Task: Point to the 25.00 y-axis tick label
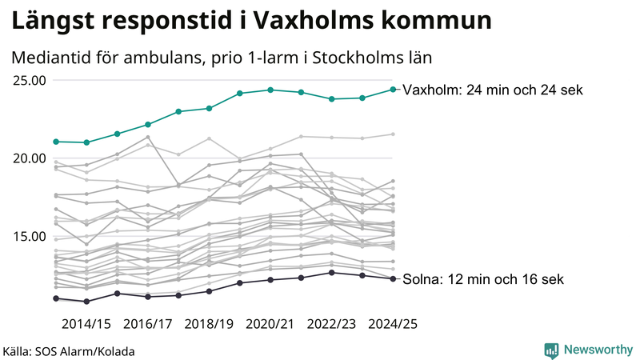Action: [29, 80]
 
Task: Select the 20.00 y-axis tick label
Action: [29, 158]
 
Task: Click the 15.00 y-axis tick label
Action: [29, 236]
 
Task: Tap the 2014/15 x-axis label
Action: [86, 325]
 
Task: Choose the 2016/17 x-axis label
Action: [148, 325]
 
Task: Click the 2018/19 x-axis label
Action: [210, 325]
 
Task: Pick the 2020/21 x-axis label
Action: [270, 325]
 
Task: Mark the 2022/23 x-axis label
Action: [332, 325]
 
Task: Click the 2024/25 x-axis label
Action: [393, 325]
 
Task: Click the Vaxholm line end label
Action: [493, 90]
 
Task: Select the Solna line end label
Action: [483, 280]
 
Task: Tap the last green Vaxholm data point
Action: [393, 89]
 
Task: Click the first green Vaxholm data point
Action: [56, 142]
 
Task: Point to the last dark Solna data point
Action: [393, 278]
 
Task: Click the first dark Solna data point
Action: [56, 298]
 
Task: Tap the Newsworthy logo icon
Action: [551, 350]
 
